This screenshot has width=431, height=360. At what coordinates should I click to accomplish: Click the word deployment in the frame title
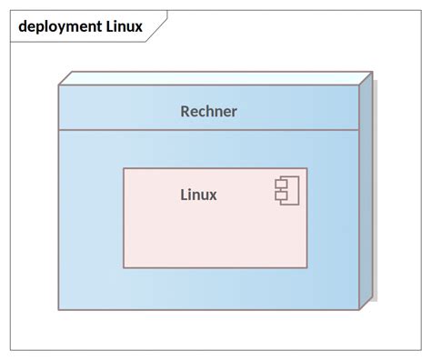[59, 26]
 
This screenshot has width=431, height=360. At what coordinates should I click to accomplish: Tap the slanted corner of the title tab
[158, 27]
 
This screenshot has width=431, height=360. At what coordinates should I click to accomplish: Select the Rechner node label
[208, 112]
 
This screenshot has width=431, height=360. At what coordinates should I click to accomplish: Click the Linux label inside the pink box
[198, 194]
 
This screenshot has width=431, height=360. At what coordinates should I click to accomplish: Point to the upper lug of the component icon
[280, 185]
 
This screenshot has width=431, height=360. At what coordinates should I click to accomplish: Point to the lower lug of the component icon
[280, 196]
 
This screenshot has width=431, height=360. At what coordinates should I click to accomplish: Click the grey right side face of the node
[366, 191]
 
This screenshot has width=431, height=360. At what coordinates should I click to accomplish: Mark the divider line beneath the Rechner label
[208, 130]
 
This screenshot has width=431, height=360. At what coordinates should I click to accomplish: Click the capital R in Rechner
[185, 112]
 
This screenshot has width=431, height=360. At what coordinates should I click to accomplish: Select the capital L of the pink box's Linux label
[184, 194]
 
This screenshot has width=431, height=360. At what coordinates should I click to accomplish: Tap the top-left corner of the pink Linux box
[125, 169]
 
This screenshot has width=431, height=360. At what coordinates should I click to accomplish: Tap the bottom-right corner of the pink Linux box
[306, 267]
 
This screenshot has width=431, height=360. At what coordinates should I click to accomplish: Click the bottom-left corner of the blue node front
[59, 309]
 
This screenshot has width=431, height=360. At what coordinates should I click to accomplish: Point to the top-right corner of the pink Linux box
[306, 169]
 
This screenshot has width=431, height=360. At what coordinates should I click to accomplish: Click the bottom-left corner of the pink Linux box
[125, 267]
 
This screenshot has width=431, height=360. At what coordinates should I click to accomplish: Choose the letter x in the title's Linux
[138, 26]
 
